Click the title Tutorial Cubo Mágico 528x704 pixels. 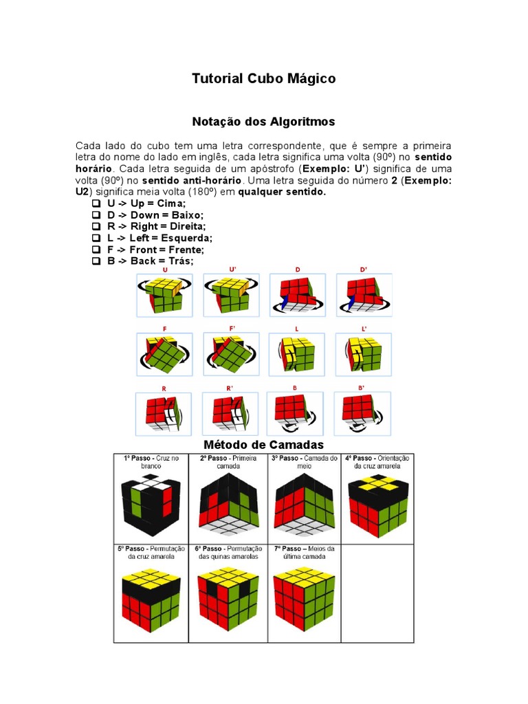(x=263, y=79)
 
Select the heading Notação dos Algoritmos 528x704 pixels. (x=263, y=122)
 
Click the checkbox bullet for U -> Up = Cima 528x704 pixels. (x=96, y=204)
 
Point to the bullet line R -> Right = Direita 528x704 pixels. (x=156, y=226)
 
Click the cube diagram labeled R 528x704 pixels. (x=164, y=413)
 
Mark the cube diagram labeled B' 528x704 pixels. (x=362, y=413)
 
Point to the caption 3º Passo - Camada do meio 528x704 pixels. (x=305, y=462)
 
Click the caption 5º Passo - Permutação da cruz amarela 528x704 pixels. (x=151, y=552)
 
